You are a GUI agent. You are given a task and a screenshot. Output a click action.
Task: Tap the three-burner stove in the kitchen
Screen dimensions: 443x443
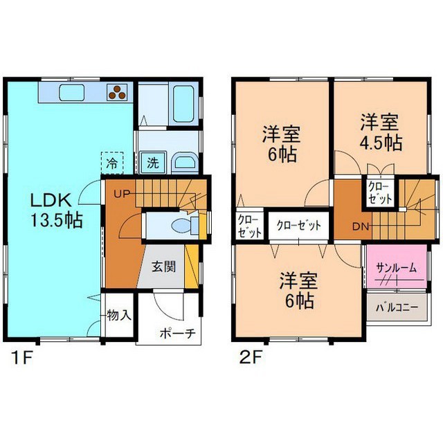click(118, 91)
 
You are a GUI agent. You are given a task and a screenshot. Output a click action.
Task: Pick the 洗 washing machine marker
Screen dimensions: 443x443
click(151, 164)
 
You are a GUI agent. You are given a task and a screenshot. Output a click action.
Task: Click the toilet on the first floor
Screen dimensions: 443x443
click(181, 225)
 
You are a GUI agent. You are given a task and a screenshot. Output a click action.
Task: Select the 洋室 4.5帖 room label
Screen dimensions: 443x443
click(380, 133)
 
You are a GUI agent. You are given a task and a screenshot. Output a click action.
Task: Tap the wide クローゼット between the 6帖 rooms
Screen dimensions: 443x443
click(299, 226)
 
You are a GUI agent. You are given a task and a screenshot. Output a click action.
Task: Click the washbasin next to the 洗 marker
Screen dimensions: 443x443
click(183, 163)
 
